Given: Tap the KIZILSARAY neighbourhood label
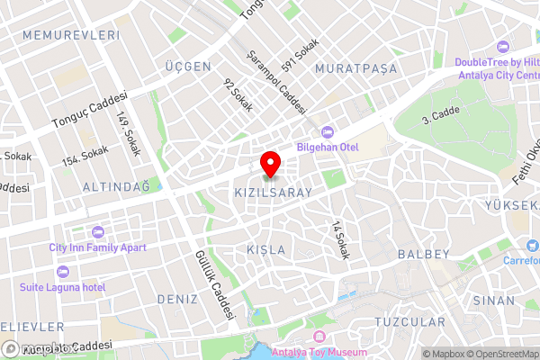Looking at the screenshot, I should pyautogui.click(x=273, y=193).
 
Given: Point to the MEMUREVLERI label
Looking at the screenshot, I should pyautogui.click(x=58, y=35).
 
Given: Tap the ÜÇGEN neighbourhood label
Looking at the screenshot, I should pyautogui.click(x=187, y=67).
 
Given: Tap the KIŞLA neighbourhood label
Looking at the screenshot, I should pyautogui.click(x=265, y=249).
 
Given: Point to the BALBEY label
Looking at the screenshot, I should pyautogui.click(x=423, y=255).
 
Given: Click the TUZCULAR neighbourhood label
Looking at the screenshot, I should pyautogui.click(x=409, y=321).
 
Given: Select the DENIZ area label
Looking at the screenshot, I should pyautogui.click(x=177, y=298).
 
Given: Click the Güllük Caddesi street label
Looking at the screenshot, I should pyautogui.click(x=215, y=286).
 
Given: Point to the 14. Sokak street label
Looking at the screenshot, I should pyautogui.click(x=339, y=240).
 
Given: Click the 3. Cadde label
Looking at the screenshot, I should pyautogui.click(x=440, y=116).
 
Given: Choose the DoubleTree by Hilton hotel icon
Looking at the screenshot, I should pyautogui.click(x=502, y=46).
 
